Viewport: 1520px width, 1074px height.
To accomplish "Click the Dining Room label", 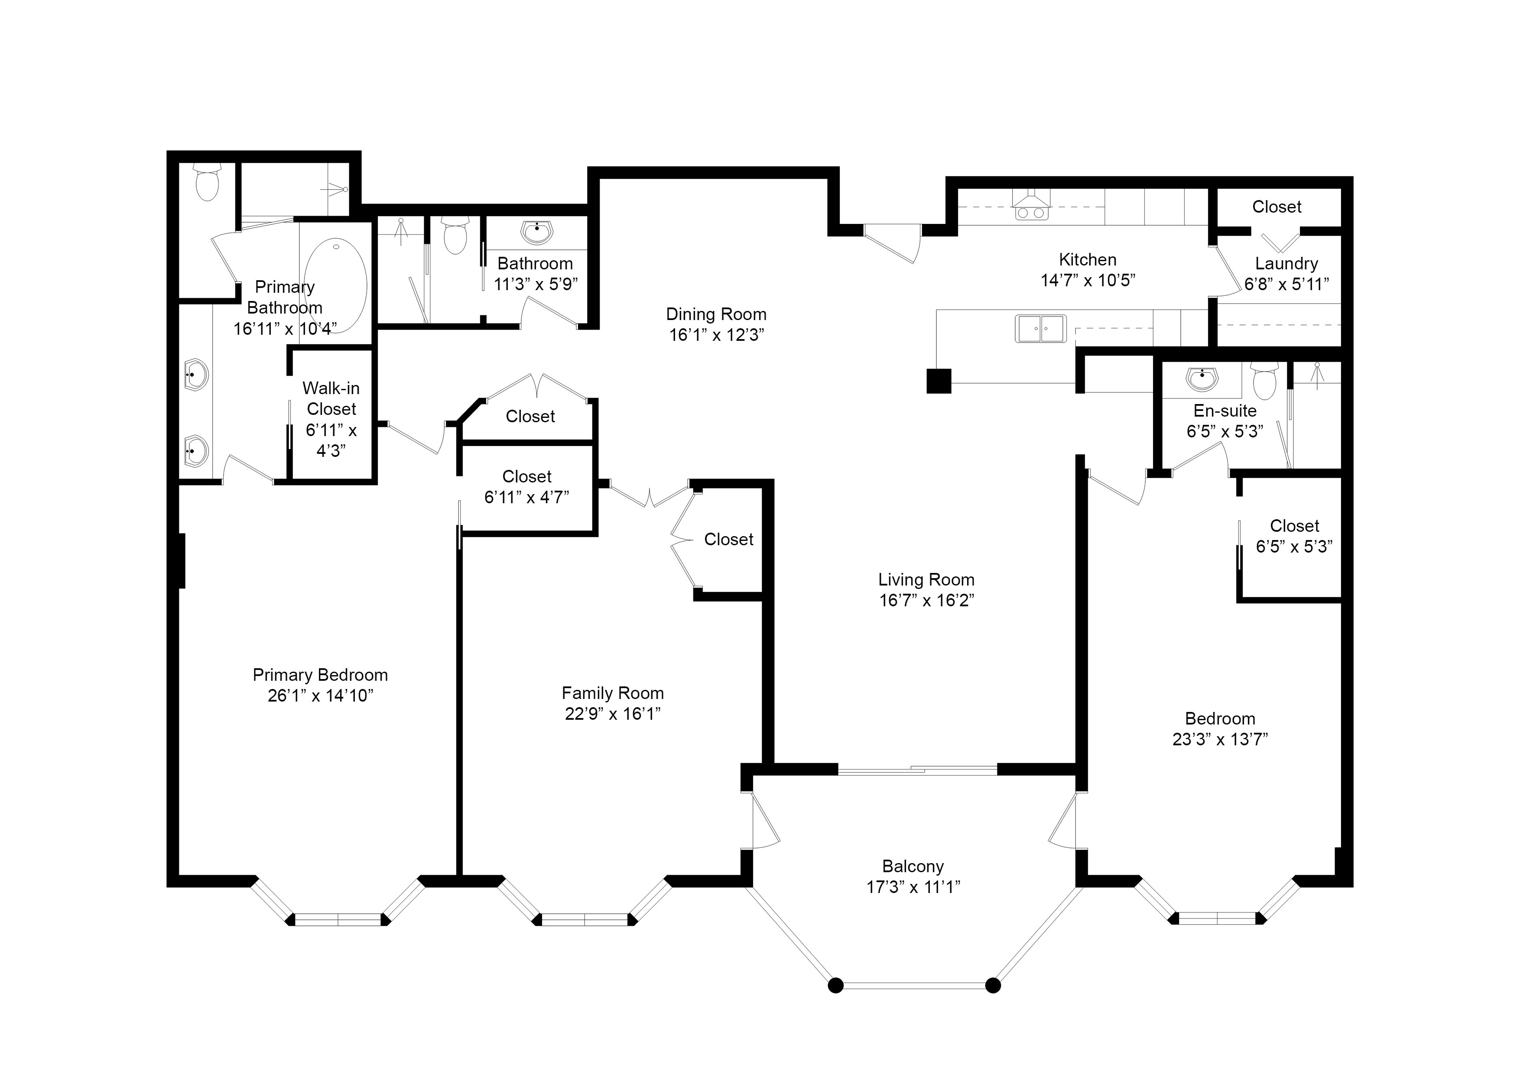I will (716, 314).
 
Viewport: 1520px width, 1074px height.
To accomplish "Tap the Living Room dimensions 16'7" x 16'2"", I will (926, 600).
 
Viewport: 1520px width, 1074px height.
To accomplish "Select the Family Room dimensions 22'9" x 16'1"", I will (612, 713).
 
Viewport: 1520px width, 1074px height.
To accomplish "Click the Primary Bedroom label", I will (320, 675).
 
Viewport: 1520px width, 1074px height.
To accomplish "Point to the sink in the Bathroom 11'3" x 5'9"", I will (536, 232).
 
